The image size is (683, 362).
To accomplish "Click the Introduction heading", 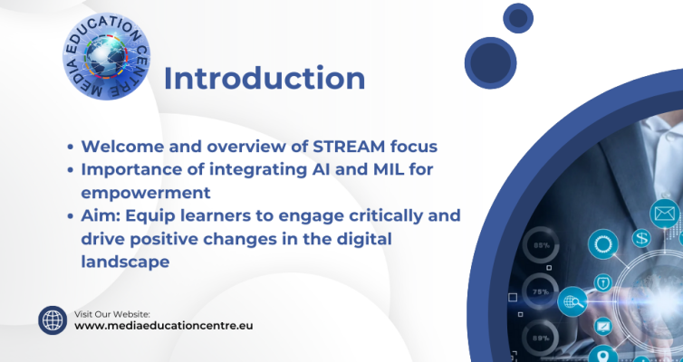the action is tap(265, 79).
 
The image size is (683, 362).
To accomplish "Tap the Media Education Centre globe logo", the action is tap(106, 56).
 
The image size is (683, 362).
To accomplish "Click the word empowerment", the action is tap(146, 193).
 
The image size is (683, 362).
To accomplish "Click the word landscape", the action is tap(125, 262).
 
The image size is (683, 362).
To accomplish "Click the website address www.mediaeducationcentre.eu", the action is tap(163, 326).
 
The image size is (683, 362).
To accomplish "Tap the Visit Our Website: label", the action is tap(112, 314).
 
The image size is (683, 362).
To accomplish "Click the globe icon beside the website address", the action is tap(53, 320).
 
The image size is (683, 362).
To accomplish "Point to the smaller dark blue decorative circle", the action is tap(518, 18).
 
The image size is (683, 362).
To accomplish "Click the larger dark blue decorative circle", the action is tap(490, 63).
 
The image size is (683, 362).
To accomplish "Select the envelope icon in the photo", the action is tap(665, 214).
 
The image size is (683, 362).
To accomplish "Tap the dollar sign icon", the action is tap(641, 238).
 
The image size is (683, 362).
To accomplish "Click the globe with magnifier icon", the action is tap(572, 301).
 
